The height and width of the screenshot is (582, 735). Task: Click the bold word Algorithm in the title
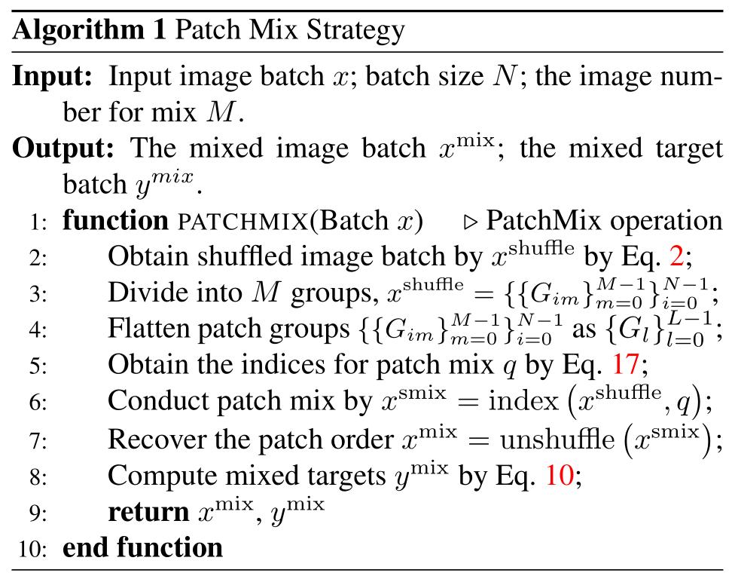[79, 31]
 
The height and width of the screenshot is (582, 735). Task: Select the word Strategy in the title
[355, 31]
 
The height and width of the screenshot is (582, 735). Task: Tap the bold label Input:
[53, 76]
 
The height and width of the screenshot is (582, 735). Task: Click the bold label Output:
[63, 148]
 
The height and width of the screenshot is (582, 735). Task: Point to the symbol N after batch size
[505, 76]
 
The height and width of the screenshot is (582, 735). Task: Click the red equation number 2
[677, 256]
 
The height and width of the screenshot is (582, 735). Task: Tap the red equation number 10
[560, 475]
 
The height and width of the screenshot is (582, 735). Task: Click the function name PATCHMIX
[242, 221]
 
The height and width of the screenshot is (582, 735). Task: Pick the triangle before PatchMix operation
[470, 222]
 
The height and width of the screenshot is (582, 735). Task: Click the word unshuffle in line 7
[557, 440]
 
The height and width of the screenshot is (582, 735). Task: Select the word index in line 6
[523, 401]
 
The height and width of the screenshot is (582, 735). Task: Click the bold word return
[148, 513]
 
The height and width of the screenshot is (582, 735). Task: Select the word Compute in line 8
[162, 476]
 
